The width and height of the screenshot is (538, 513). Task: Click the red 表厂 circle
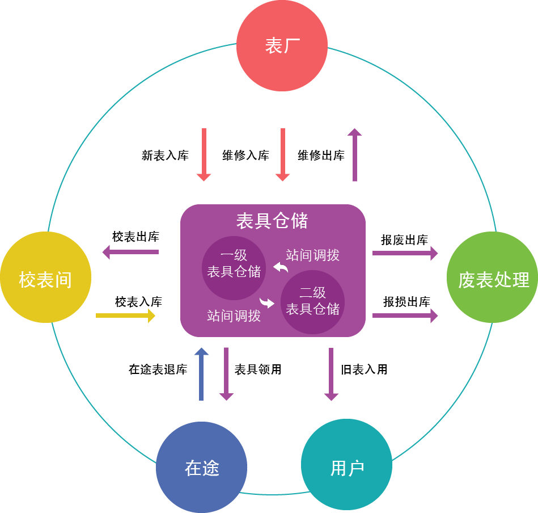(282, 45)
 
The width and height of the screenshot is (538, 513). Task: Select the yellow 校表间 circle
(45, 277)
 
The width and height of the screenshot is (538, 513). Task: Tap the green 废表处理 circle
(492, 277)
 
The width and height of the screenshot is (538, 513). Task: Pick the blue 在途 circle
(201, 467)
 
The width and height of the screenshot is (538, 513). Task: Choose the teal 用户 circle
(346, 467)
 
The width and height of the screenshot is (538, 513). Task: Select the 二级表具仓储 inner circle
(312, 301)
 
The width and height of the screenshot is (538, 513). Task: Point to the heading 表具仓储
(272, 220)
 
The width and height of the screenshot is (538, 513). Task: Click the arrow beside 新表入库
(204, 154)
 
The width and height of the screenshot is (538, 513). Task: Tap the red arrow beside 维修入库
(282, 154)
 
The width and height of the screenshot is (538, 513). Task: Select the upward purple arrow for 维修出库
(355, 154)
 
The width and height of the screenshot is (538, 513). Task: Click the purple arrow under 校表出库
(130, 251)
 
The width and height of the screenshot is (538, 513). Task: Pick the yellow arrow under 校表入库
(126, 316)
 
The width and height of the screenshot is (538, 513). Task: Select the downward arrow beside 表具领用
(226, 375)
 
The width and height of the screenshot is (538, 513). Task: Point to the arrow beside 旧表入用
(331, 375)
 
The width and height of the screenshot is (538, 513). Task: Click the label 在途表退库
(158, 370)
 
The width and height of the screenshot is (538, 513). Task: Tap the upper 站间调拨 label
(312, 255)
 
